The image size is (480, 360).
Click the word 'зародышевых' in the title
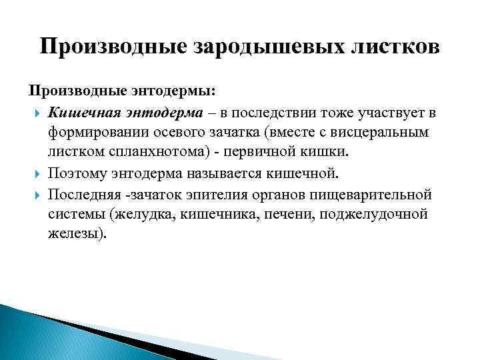click(259, 47)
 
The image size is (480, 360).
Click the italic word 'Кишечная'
click(81, 110)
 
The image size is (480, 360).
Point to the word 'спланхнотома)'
click(147, 153)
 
